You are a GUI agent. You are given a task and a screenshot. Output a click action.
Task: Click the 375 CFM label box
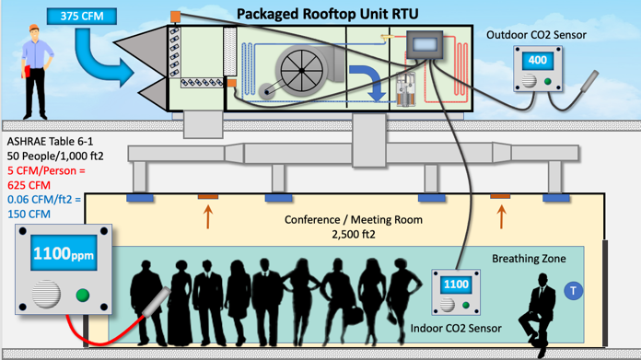pyautogui.click(x=82, y=17)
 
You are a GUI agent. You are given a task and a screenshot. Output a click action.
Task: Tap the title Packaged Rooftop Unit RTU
pyautogui.click(x=328, y=14)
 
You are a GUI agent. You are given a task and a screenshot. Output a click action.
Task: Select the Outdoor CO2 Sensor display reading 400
pyautogui.click(x=538, y=61)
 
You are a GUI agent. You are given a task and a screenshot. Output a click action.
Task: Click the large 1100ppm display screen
pyautogui.click(x=64, y=253)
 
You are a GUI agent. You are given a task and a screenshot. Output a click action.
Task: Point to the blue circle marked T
pyautogui.click(x=573, y=291)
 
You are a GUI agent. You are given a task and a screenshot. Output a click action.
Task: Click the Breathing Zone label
pyautogui.click(x=529, y=259)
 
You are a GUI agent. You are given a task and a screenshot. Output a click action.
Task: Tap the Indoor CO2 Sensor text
pyautogui.click(x=456, y=329)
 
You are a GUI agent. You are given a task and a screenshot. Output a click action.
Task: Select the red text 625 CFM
pyautogui.click(x=29, y=185)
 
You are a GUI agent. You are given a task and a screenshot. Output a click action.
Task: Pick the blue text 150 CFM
pyautogui.click(x=29, y=215)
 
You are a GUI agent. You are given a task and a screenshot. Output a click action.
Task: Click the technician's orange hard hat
pyautogui.click(x=34, y=28)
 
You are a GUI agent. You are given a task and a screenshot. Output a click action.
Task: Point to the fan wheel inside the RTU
pyautogui.click(x=302, y=70)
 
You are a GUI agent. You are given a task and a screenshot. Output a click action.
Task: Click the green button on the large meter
pyautogui.click(x=83, y=295)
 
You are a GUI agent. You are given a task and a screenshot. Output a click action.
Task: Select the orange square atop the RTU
pyautogui.click(x=175, y=17)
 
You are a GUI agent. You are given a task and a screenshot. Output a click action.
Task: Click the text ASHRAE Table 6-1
pyautogui.click(x=50, y=142)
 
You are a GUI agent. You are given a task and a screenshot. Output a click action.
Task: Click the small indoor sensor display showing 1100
pyautogui.click(x=456, y=285)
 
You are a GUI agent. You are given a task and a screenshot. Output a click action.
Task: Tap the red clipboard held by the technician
pyautogui.click(x=27, y=71)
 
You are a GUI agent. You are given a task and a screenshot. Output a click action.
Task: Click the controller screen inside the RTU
pyautogui.click(x=425, y=44)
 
